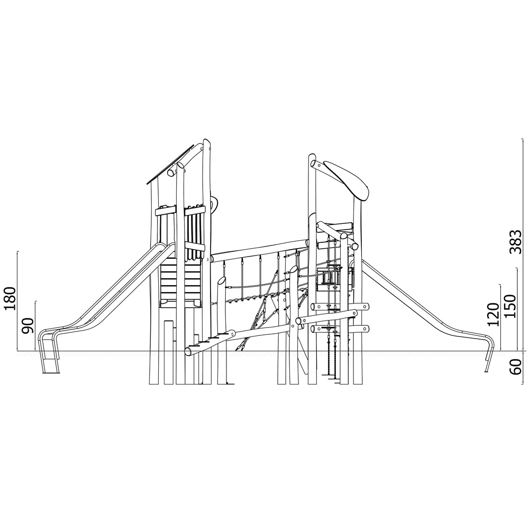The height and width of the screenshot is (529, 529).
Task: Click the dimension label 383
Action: pyautogui.click(x=515, y=242)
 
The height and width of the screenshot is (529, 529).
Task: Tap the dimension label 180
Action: pyautogui.click(x=9, y=299)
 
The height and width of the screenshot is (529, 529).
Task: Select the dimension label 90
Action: pyautogui.click(x=28, y=325)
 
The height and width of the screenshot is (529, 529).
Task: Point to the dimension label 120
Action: pyautogui.click(x=493, y=314)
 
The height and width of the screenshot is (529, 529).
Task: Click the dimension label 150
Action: pyautogui.click(x=509, y=306)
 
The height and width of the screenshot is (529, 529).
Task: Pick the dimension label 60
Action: pyautogui.click(x=515, y=367)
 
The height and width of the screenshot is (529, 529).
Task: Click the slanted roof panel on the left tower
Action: pyautogui.click(x=170, y=165)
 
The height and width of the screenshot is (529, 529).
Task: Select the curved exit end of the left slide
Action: pyautogui.click(x=47, y=351)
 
